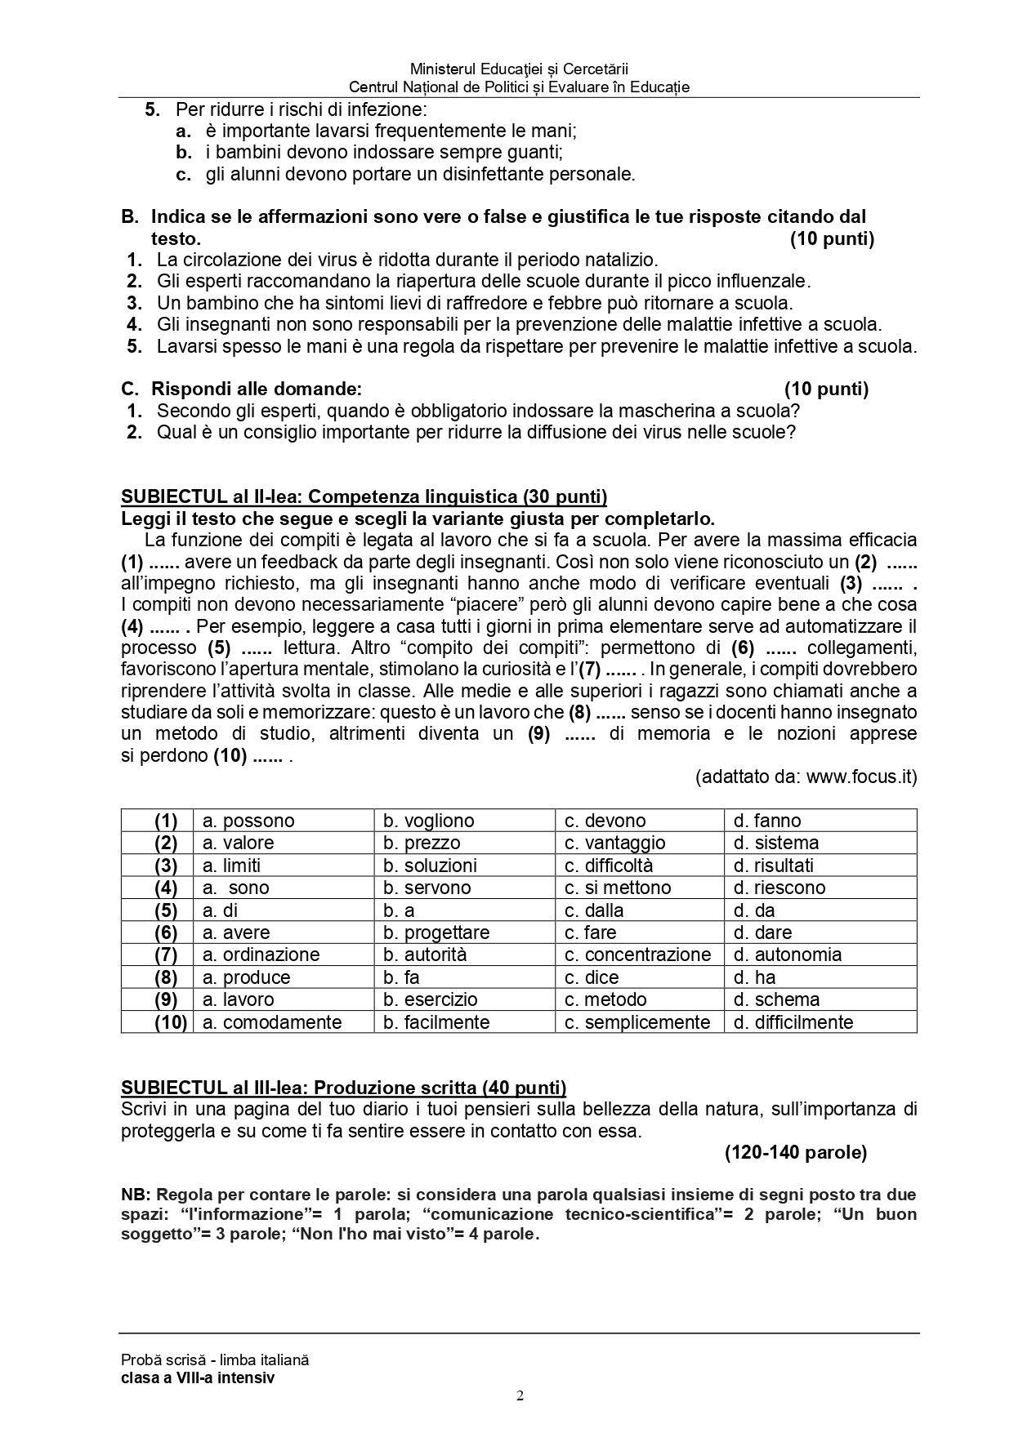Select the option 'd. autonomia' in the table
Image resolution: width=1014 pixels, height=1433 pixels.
point(787,955)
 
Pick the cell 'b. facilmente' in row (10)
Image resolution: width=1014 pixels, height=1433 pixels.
point(436,1022)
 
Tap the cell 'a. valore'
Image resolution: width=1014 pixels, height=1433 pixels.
point(238,843)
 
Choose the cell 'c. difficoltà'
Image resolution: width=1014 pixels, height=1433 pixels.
point(609,866)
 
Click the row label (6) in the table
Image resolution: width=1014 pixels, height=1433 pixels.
point(166,932)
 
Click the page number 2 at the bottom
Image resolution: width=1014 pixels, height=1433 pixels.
point(520,1395)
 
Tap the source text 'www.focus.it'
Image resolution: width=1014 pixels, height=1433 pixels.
point(861,777)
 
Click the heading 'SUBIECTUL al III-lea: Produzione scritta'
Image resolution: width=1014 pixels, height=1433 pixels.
point(343,1087)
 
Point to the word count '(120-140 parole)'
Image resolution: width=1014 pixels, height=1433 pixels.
point(795,1152)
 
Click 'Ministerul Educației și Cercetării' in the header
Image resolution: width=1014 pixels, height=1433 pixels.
point(519,70)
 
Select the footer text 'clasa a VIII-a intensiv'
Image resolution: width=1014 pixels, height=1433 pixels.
point(198,1377)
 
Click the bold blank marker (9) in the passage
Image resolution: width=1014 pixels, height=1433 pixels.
point(538,733)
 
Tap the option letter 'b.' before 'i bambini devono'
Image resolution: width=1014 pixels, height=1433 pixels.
point(184,152)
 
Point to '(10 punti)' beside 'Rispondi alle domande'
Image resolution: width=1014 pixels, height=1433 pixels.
point(826,389)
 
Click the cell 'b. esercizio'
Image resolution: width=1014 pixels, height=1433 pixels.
point(430,999)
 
